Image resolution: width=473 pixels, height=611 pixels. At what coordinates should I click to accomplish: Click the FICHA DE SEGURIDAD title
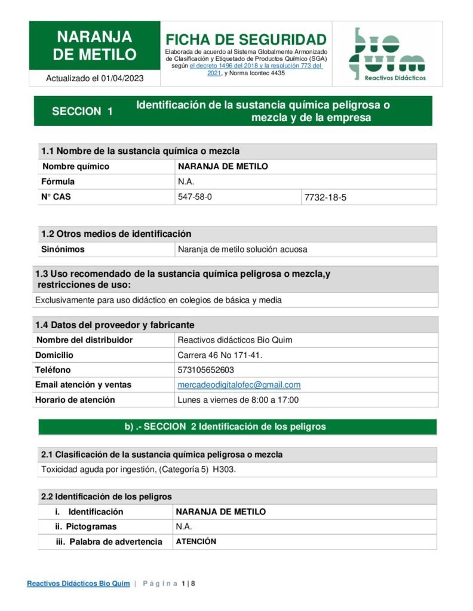(x=246, y=40)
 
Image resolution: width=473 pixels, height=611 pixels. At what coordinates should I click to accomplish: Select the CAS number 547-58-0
(x=195, y=196)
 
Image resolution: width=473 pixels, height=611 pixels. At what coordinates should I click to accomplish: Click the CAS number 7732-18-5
(x=325, y=197)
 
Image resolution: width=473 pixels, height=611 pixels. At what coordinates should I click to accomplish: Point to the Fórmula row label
(x=58, y=181)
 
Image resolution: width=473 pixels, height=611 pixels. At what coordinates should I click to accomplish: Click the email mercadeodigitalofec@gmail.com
(x=239, y=385)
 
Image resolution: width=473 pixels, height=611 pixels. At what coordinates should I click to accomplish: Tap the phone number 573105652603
(x=205, y=370)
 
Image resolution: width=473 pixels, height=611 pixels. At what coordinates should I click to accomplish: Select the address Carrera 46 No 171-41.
(x=220, y=355)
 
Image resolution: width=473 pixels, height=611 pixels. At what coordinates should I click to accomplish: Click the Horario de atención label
(x=75, y=400)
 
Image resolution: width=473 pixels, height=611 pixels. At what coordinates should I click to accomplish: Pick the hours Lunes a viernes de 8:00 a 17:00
(x=238, y=400)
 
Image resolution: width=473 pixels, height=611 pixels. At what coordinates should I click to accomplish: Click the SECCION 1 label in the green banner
(x=82, y=111)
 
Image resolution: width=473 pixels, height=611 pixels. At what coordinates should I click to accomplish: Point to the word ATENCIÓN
(x=196, y=542)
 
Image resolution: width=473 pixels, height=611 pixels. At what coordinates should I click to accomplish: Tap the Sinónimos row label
(x=63, y=249)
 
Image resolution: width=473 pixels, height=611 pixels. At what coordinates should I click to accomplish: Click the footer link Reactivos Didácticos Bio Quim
(x=78, y=584)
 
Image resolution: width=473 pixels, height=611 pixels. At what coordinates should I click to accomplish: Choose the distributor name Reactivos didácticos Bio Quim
(x=235, y=340)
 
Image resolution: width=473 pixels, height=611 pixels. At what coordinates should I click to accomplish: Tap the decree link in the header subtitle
(x=256, y=66)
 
